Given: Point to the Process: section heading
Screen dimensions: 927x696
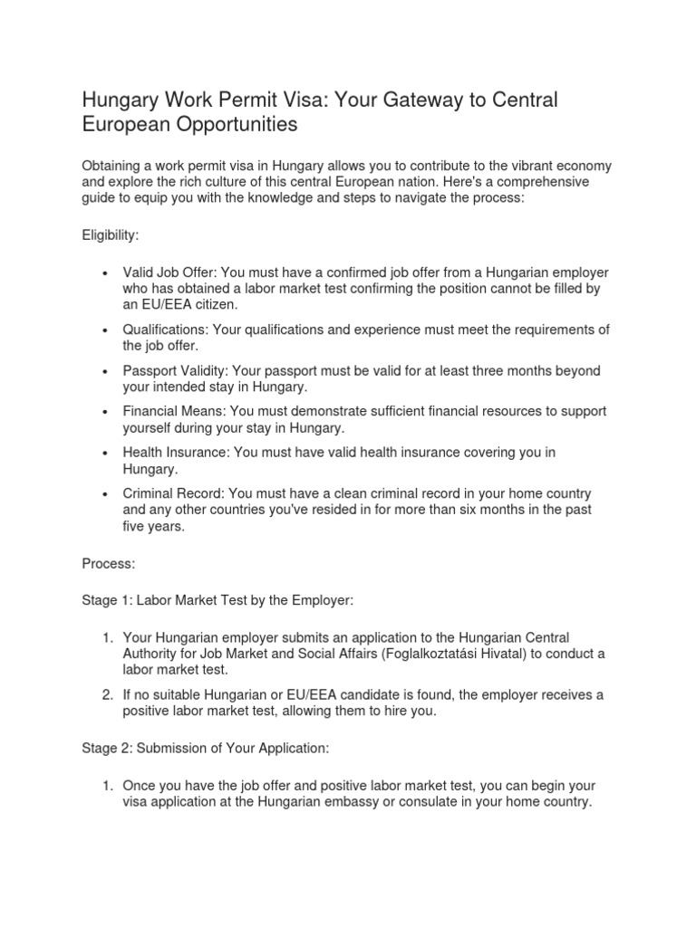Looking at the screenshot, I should click(x=109, y=563).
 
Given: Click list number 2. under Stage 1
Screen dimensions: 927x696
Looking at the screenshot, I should click(x=107, y=695).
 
